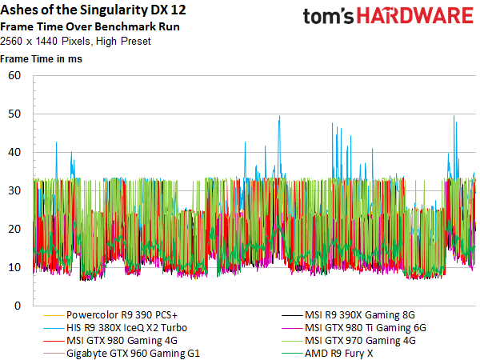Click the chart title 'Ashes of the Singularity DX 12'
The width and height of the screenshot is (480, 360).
(93, 10)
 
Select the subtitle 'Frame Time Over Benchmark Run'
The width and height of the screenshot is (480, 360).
(90, 26)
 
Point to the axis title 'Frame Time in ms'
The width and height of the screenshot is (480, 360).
(41, 58)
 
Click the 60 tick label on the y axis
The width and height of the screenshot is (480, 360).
(14, 75)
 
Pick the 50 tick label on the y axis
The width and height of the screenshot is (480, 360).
(14, 114)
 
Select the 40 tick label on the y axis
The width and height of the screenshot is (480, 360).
(14, 152)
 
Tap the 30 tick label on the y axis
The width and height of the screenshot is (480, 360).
(14, 190)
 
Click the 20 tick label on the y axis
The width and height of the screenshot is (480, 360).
(14, 229)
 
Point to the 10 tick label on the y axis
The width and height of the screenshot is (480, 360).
(14, 267)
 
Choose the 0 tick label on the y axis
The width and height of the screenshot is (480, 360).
(18, 306)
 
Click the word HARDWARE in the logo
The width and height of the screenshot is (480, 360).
(415, 16)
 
